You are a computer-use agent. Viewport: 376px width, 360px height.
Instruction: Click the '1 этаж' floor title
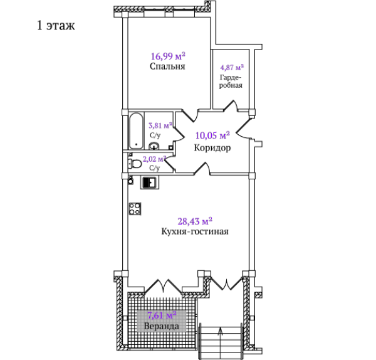tap(56, 25)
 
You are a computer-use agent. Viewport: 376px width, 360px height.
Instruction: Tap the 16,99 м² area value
tap(168, 56)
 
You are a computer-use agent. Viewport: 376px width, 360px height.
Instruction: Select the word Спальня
tap(167, 66)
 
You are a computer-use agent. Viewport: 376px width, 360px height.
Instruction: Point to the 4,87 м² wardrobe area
tap(232, 68)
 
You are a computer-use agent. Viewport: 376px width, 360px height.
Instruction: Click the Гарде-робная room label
tap(231, 82)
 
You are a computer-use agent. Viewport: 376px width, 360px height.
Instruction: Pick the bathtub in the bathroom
tap(137, 131)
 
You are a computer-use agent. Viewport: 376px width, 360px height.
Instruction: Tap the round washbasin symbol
tap(154, 146)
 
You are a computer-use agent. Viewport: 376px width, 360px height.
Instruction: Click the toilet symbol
tap(135, 164)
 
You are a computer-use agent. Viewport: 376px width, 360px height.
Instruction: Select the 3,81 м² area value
tap(160, 125)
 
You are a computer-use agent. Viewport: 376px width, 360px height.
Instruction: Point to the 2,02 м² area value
tap(154, 159)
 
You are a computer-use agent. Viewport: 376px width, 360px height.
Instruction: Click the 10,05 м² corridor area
tap(212, 135)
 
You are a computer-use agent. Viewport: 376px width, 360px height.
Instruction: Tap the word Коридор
tap(212, 148)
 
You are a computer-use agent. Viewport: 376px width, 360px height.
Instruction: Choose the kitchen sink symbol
tap(150, 183)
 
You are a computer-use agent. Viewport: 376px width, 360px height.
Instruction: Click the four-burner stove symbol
tap(135, 209)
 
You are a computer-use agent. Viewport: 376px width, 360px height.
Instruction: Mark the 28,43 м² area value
tap(195, 221)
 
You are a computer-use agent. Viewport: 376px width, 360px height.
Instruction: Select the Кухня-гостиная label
tap(195, 231)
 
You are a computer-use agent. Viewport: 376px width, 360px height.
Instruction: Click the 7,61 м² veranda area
tap(162, 315)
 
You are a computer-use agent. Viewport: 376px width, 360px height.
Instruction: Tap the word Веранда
tap(162, 326)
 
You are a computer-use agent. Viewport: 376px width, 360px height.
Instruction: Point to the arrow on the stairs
tap(221, 341)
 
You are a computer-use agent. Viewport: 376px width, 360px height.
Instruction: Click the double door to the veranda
tap(164, 286)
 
